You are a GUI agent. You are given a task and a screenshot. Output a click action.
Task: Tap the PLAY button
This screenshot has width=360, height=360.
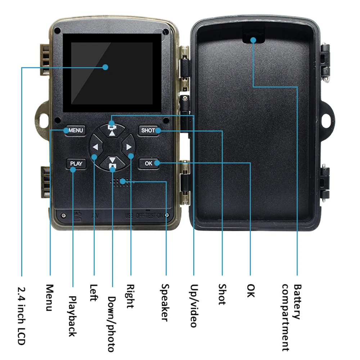[76, 163]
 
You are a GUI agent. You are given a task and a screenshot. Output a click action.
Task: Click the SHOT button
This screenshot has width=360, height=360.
[148, 130]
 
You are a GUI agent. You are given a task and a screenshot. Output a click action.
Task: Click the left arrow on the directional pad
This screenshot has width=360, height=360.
[95, 147]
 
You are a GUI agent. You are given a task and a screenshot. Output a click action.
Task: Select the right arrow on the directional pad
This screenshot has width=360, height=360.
[128, 147]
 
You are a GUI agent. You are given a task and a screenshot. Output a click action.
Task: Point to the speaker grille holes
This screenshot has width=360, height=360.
[121, 182]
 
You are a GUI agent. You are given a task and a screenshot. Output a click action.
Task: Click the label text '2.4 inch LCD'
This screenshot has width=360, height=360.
[22, 315]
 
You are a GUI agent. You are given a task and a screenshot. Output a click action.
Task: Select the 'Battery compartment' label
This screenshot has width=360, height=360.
[291, 317]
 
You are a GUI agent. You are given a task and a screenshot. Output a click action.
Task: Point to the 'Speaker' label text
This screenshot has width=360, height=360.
[165, 302]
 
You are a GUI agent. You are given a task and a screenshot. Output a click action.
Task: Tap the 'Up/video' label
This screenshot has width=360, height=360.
[194, 306]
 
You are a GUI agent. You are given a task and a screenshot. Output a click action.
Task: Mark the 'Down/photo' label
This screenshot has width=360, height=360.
[112, 324]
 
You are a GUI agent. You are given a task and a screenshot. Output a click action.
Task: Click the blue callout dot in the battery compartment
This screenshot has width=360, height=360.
[253, 40]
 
